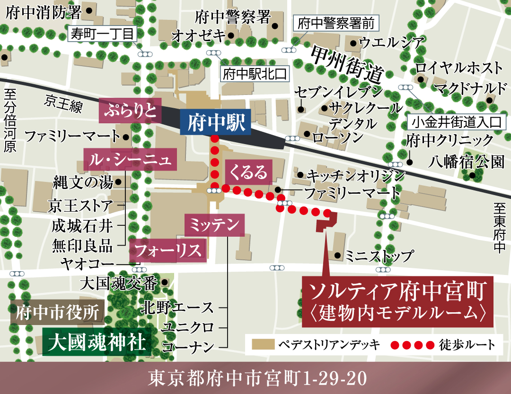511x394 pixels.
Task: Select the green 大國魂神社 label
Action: [97, 342]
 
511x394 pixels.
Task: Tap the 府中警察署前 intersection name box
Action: [336, 24]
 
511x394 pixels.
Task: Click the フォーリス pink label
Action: [168, 251]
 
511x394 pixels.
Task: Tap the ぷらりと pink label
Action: [130, 110]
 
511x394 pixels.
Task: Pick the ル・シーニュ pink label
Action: [130, 160]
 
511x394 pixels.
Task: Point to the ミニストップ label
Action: [379, 256]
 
